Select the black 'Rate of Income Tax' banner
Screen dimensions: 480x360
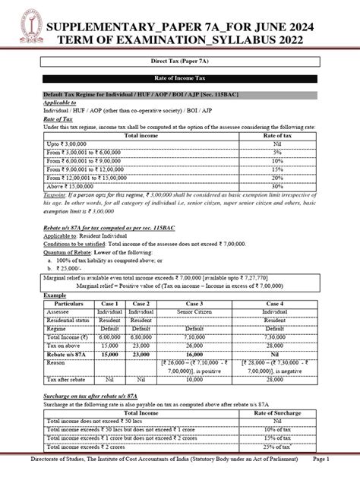click(179, 79)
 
